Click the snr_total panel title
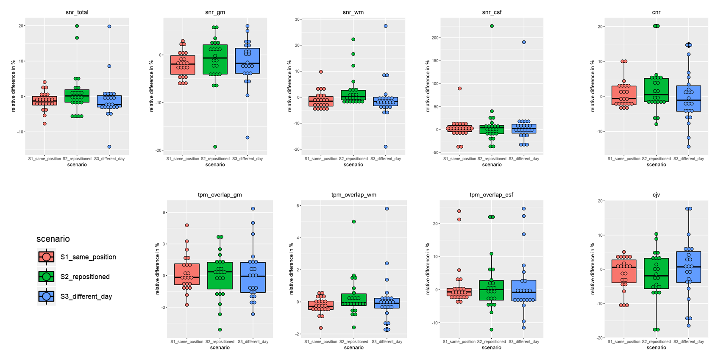pos(77,12)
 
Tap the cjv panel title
pos(656,195)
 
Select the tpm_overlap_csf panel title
pos(491,195)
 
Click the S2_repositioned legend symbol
pos(46,277)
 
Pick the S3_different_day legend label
pos(86,296)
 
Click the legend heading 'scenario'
pos(53,239)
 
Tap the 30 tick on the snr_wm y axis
pos(298,19)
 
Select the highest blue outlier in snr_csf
pos(524,42)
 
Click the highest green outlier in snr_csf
pos(492,26)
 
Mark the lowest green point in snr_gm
pos(215,147)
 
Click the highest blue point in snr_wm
pos(386,26)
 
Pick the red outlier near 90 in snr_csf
pos(459,89)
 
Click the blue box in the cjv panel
pos(688,267)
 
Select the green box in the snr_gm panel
pos(215,59)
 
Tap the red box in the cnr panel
pos(624,95)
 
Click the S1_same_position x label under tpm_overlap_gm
pos(187,342)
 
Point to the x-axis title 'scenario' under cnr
pos(656,165)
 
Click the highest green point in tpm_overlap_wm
pos(353,222)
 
